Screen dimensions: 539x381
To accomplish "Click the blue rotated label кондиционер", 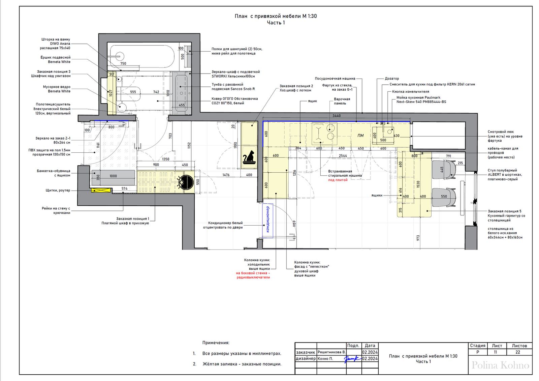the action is coord(267,219).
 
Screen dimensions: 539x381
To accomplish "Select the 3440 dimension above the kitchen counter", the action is coord(337,116).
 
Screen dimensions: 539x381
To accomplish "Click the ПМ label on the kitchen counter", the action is coord(360,136).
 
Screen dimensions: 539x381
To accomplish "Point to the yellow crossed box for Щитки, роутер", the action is coord(101,190).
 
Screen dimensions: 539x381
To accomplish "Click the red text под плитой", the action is coord(338,180).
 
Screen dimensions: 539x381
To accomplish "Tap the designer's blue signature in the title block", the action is coord(353,359).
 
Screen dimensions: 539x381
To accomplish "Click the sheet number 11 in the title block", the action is coord(495,352).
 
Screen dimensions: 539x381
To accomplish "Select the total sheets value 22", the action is coord(518,352).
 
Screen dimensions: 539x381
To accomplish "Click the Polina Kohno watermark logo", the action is coord(500,365).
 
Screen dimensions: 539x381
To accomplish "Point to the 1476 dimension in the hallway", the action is coord(226,175).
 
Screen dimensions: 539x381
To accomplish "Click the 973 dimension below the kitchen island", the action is coord(418,238).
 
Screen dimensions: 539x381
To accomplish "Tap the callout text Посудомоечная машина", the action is coord(335,79).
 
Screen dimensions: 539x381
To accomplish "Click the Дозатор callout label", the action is coord(392,79).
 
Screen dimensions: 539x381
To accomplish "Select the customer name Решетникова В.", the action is coord(331,352).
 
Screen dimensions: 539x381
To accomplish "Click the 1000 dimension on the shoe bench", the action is coord(113,176).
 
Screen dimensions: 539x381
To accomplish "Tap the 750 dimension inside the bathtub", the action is coord(123,64).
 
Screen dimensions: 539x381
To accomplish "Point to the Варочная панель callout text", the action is coord(342,101).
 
